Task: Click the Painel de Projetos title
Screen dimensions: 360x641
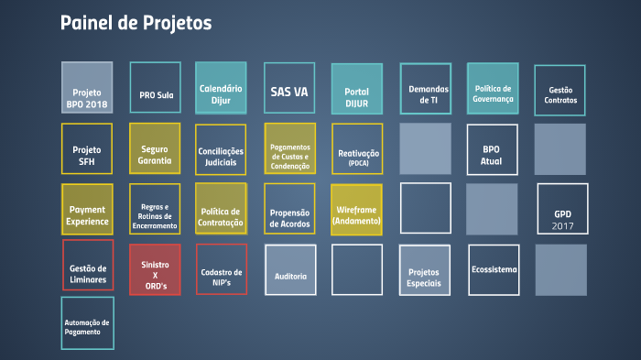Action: tap(136, 23)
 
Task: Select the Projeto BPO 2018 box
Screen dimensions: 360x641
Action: tap(87, 88)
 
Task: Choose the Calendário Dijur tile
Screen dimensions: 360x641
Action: tap(221, 88)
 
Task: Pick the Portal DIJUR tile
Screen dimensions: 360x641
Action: tap(356, 90)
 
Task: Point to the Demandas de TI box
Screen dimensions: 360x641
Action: tap(426, 89)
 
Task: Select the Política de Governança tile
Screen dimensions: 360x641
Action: tap(493, 88)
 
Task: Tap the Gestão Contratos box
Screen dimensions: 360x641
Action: tap(560, 92)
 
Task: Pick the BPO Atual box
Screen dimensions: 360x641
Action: tap(492, 149)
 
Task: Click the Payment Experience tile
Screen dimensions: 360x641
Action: tap(87, 211)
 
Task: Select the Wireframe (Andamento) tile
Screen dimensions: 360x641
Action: tap(356, 211)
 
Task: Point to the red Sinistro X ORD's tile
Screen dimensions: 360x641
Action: tap(155, 270)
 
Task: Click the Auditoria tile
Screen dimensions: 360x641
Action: tap(290, 270)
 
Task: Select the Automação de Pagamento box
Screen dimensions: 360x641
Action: tap(87, 323)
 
